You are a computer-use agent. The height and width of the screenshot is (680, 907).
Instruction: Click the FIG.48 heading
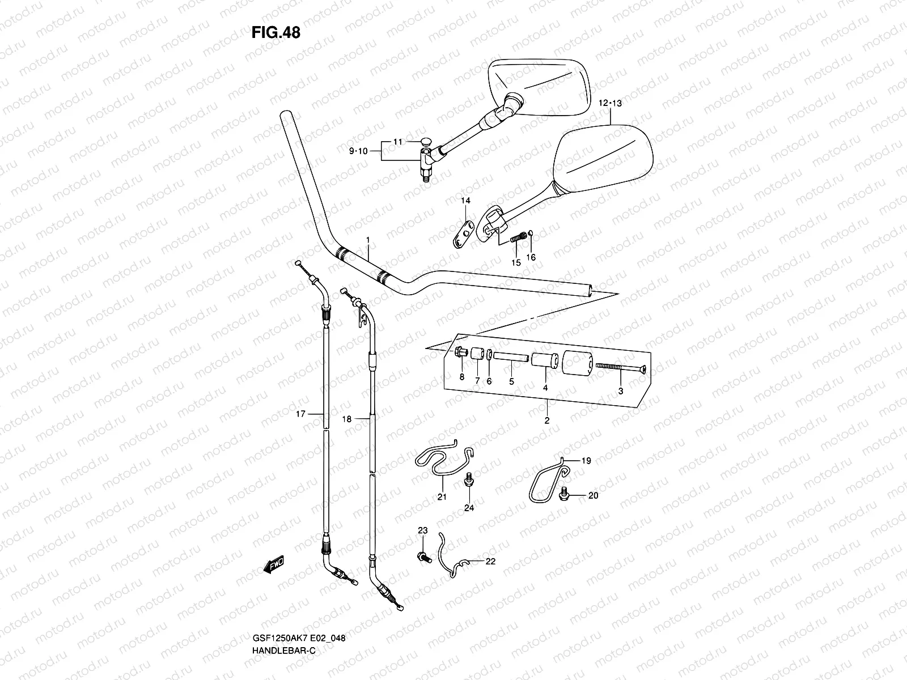coord(276,33)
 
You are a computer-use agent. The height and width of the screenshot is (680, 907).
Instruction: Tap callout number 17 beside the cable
coord(300,414)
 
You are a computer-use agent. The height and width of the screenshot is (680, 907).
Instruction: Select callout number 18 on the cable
coord(346,419)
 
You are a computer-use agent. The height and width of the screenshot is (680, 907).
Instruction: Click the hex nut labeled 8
coord(460,352)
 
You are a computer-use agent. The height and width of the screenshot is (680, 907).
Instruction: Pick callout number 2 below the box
coord(546,420)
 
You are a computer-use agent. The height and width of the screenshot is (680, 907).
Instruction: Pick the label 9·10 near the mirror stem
coord(358,151)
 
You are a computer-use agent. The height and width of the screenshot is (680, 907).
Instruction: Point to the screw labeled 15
coord(517,239)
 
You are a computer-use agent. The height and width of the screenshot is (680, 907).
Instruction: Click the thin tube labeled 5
coord(511,358)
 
